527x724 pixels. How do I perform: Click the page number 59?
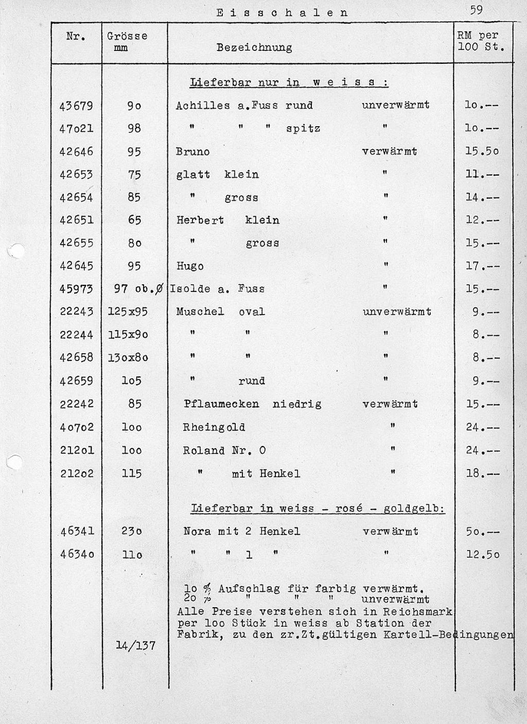[x=476, y=10]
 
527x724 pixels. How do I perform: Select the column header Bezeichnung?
[x=254, y=48]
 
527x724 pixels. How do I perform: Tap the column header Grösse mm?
[x=127, y=42]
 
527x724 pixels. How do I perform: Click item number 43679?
[x=76, y=106]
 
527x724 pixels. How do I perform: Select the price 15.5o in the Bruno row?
[x=482, y=152]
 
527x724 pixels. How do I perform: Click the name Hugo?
[x=190, y=266]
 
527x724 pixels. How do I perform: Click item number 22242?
[x=76, y=404]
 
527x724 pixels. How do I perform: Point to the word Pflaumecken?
[x=221, y=404]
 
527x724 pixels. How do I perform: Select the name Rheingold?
[x=214, y=427]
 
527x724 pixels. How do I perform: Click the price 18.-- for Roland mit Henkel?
[x=482, y=473]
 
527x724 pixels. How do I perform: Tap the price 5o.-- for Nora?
[x=482, y=531]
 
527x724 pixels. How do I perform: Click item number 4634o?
[x=76, y=555]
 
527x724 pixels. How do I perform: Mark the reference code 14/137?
[x=136, y=646]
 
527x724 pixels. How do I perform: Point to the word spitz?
[x=303, y=129]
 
